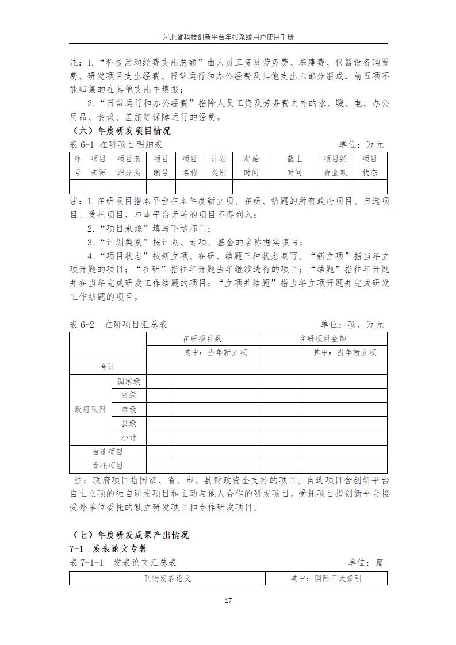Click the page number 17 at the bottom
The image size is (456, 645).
(228, 601)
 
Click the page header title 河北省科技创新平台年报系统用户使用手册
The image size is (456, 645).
(228, 36)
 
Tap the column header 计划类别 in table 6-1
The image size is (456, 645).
(219, 166)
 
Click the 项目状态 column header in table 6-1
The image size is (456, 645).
(370, 166)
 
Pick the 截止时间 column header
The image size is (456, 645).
(294, 166)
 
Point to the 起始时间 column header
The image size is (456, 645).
(251, 166)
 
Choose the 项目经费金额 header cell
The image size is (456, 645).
(335, 166)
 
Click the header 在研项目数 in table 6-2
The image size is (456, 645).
(202, 339)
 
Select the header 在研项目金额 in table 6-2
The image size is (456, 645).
(322, 339)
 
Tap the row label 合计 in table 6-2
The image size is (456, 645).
(108, 367)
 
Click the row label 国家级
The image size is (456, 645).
(129, 381)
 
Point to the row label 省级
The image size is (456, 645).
(129, 396)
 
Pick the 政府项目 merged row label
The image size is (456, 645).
(90, 409)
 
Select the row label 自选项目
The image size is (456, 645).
(108, 452)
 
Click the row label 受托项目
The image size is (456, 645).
(108, 466)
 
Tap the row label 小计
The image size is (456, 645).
(129, 437)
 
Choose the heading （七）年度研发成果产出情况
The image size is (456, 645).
(132, 535)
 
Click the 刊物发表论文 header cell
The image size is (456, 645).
(167, 578)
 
